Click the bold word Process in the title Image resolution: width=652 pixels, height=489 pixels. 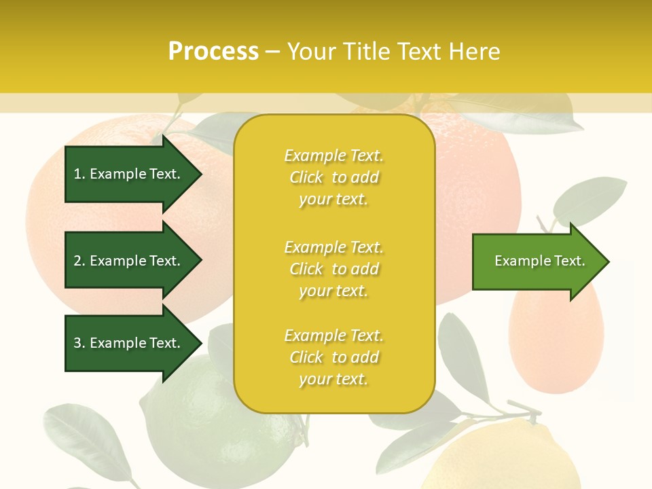[213, 52]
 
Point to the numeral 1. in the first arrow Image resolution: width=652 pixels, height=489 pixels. [79, 174]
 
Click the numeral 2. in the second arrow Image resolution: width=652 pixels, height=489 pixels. [79, 261]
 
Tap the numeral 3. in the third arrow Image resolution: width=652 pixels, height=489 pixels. [79, 343]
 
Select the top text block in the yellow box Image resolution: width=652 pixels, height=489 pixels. [333, 177]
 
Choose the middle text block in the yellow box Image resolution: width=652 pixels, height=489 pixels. [333, 269]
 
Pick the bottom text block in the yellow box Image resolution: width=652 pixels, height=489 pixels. [333, 357]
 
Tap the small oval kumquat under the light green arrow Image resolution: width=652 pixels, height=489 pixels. [556, 340]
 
